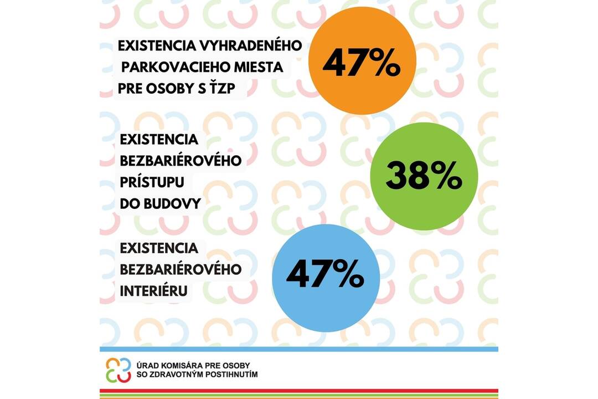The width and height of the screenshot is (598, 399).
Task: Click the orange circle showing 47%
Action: (362, 61)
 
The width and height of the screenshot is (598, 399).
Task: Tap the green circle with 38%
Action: (424, 176)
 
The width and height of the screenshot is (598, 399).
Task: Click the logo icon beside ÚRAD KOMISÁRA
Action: (118, 370)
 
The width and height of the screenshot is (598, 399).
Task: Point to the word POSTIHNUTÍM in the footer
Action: (230, 375)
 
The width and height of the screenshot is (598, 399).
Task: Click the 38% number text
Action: (424, 177)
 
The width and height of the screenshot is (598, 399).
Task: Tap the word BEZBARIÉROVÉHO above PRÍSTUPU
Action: (181, 161)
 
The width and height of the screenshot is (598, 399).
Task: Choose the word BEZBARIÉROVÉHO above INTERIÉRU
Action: (181, 269)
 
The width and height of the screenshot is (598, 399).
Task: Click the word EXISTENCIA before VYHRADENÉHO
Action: (156, 46)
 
